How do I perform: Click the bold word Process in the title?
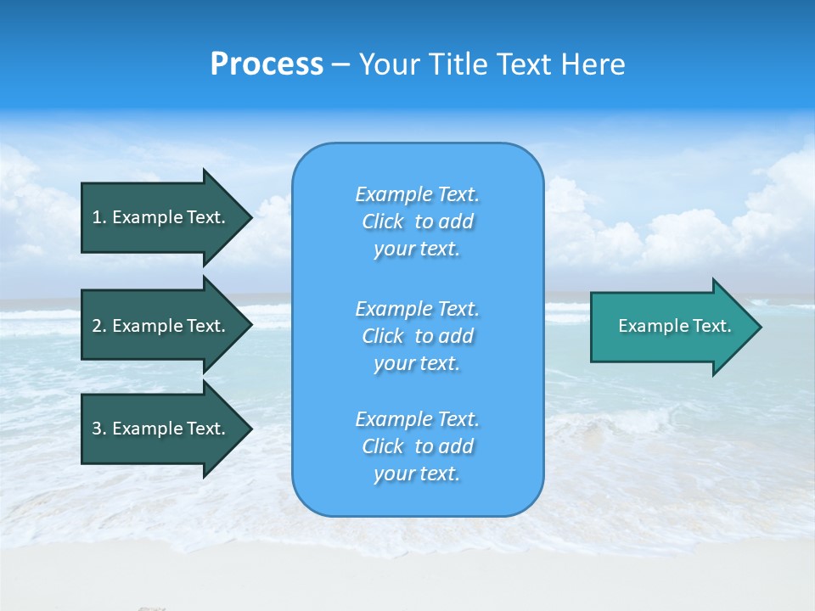tap(267, 64)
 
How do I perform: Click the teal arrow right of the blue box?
tap(671, 326)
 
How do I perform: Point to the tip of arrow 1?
tap(250, 217)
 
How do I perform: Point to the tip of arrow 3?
tap(250, 429)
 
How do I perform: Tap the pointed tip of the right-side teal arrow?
tap(760, 327)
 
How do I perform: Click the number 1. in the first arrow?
tap(98, 217)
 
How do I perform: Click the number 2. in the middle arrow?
tap(98, 326)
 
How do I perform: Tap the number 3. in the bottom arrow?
tap(98, 429)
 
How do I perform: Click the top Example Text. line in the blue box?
tap(417, 194)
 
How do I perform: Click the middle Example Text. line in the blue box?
tap(417, 308)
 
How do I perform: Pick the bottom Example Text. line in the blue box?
tap(417, 419)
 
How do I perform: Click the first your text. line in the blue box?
tap(417, 249)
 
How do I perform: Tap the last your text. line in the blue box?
tap(417, 474)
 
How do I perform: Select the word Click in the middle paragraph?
tap(383, 336)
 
